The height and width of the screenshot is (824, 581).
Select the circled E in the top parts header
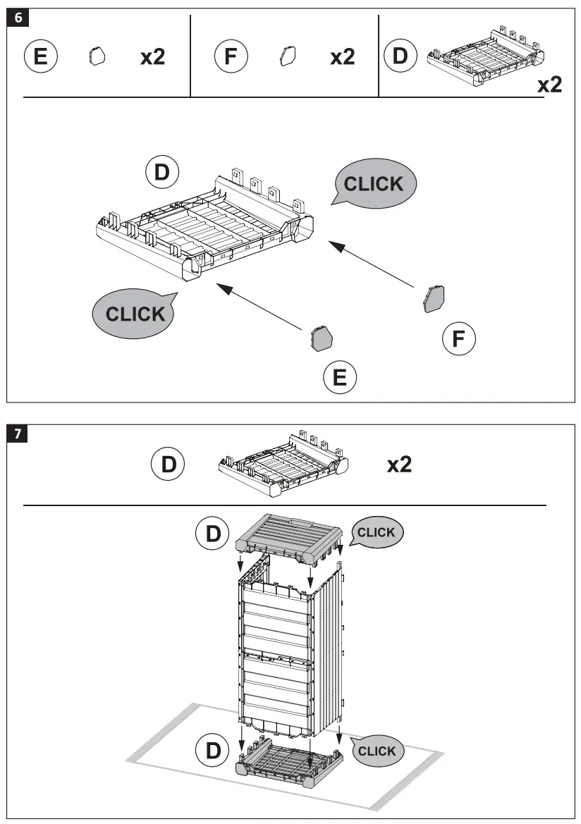[x=41, y=56]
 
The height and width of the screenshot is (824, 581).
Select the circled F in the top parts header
[x=231, y=56]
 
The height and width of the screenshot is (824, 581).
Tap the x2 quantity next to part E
[x=152, y=57]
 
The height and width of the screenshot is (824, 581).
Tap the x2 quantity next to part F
[x=343, y=57]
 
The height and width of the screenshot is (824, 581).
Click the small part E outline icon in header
[x=97, y=56]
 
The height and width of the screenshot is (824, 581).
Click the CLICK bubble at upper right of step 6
[x=374, y=183]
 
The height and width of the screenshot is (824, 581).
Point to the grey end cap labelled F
[x=433, y=298]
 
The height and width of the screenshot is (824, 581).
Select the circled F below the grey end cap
[x=458, y=340]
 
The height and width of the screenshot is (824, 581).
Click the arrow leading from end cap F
[x=371, y=265]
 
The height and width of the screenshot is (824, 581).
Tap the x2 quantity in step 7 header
[x=399, y=464]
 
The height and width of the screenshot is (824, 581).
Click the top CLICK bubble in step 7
[x=377, y=533]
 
